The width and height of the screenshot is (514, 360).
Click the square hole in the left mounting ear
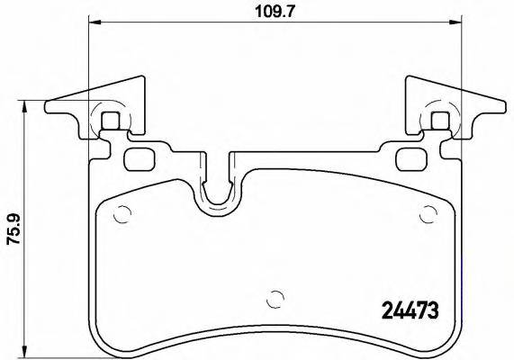(111, 121)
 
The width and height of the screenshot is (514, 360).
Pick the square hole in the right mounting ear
(439, 121)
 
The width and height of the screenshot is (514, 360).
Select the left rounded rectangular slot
(140, 159)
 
